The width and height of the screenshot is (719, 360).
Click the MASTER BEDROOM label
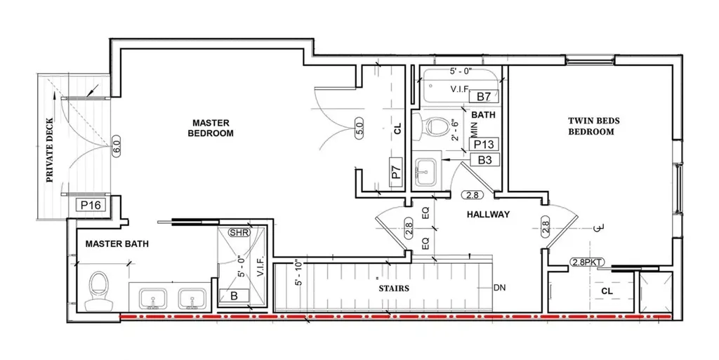coord(211,128)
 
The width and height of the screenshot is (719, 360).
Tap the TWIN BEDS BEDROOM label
coord(594,126)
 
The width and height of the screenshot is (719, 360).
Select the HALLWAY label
coord(488,214)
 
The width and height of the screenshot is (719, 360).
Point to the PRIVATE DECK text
coord(50,150)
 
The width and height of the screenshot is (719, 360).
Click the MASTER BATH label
coord(117,244)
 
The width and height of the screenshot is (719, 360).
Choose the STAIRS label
coord(394,288)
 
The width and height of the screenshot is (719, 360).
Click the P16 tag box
coord(91,205)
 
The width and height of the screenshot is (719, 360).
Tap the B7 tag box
coord(484,97)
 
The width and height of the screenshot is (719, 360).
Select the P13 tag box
coord(484,145)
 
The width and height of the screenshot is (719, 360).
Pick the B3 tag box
coord(484,160)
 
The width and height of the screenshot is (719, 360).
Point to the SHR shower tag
coord(239,233)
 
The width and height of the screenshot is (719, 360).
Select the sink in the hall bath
coord(427,172)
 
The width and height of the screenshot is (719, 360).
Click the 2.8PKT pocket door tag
coord(587,262)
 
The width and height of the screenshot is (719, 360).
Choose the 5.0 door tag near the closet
coord(359,126)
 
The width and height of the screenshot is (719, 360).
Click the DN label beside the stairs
coord(499,288)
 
